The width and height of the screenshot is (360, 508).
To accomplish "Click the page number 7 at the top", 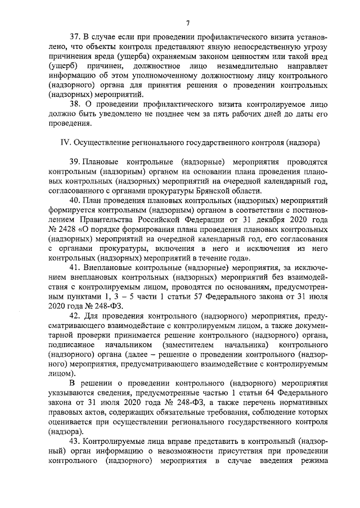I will point(188,23).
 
